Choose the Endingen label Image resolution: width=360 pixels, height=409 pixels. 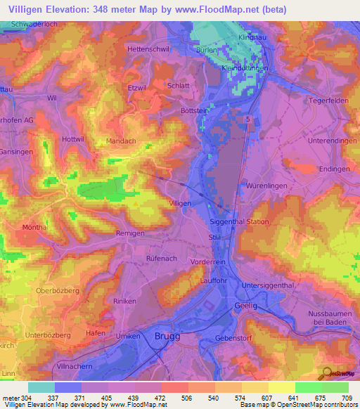(x=334, y=169)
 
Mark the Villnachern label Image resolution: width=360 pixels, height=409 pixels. (x=77, y=367)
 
